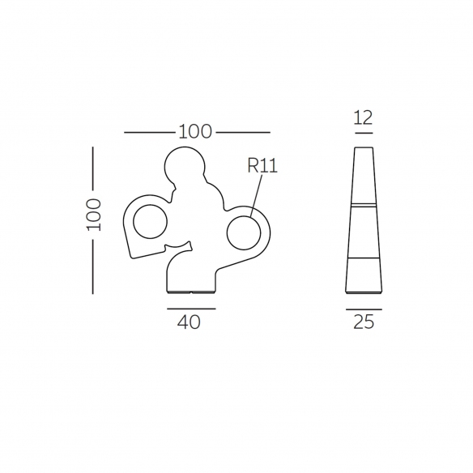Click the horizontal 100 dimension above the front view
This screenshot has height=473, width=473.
(195, 132)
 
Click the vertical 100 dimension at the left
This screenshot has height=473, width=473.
(94, 215)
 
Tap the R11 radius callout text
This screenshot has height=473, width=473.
(262, 165)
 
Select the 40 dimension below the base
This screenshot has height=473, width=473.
(189, 322)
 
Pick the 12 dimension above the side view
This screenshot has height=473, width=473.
(363, 117)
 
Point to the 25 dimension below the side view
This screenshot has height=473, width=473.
(364, 322)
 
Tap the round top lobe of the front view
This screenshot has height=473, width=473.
(185, 147)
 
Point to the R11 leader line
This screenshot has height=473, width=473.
(256, 195)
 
